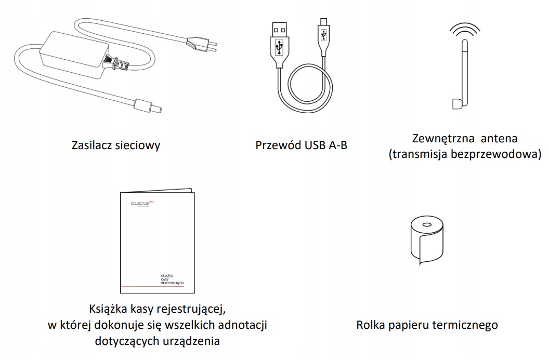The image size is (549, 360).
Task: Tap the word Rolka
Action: [370, 326]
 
